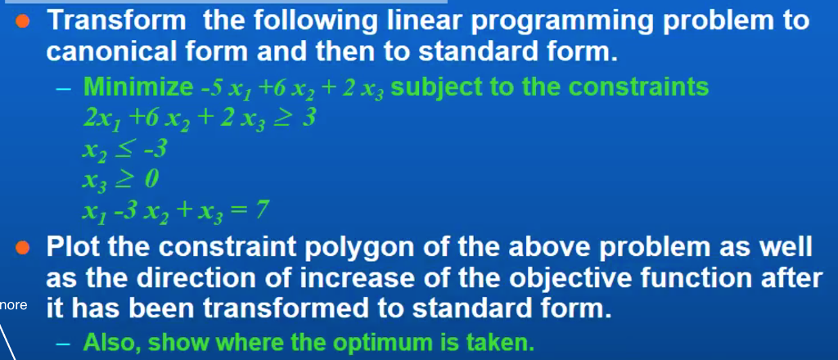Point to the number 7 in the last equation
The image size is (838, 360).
click(260, 212)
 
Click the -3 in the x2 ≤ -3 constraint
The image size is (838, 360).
click(155, 150)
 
